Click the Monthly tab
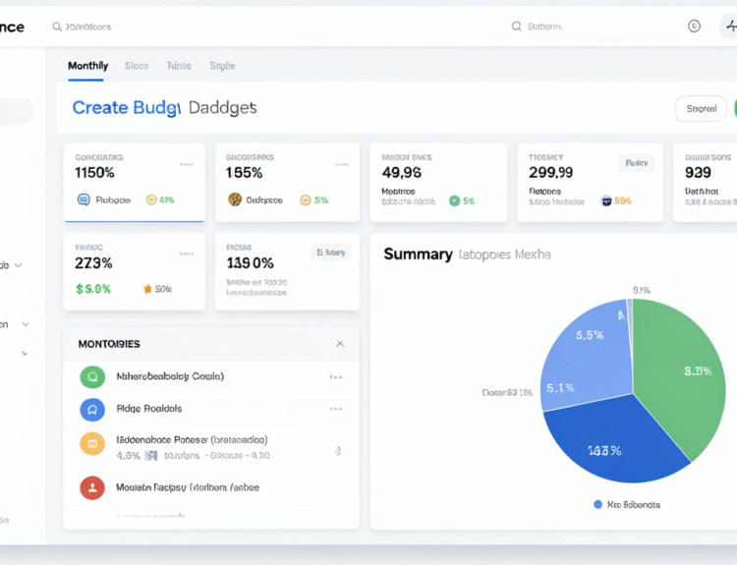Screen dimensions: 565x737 (x=87, y=66)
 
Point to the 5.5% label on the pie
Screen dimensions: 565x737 (x=589, y=335)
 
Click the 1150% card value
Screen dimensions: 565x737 (x=94, y=173)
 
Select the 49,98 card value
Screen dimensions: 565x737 (x=401, y=173)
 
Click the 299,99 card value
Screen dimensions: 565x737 (x=550, y=173)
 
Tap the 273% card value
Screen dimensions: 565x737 (x=93, y=263)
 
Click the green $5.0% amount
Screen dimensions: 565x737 (x=93, y=289)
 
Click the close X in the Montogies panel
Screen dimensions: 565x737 (x=340, y=344)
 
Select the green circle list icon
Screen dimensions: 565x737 (x=91, y=376)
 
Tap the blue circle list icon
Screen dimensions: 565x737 (x=91, y=409)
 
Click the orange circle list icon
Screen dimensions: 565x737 (x=91, y=444)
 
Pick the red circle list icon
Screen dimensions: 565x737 (x=91, y=486)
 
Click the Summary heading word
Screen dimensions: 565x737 (x=418, y=254)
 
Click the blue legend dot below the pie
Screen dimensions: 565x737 (x=598, y=504)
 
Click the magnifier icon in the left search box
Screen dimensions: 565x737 (x=57, y=27)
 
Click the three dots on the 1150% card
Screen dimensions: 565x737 (x=187, y=164)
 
